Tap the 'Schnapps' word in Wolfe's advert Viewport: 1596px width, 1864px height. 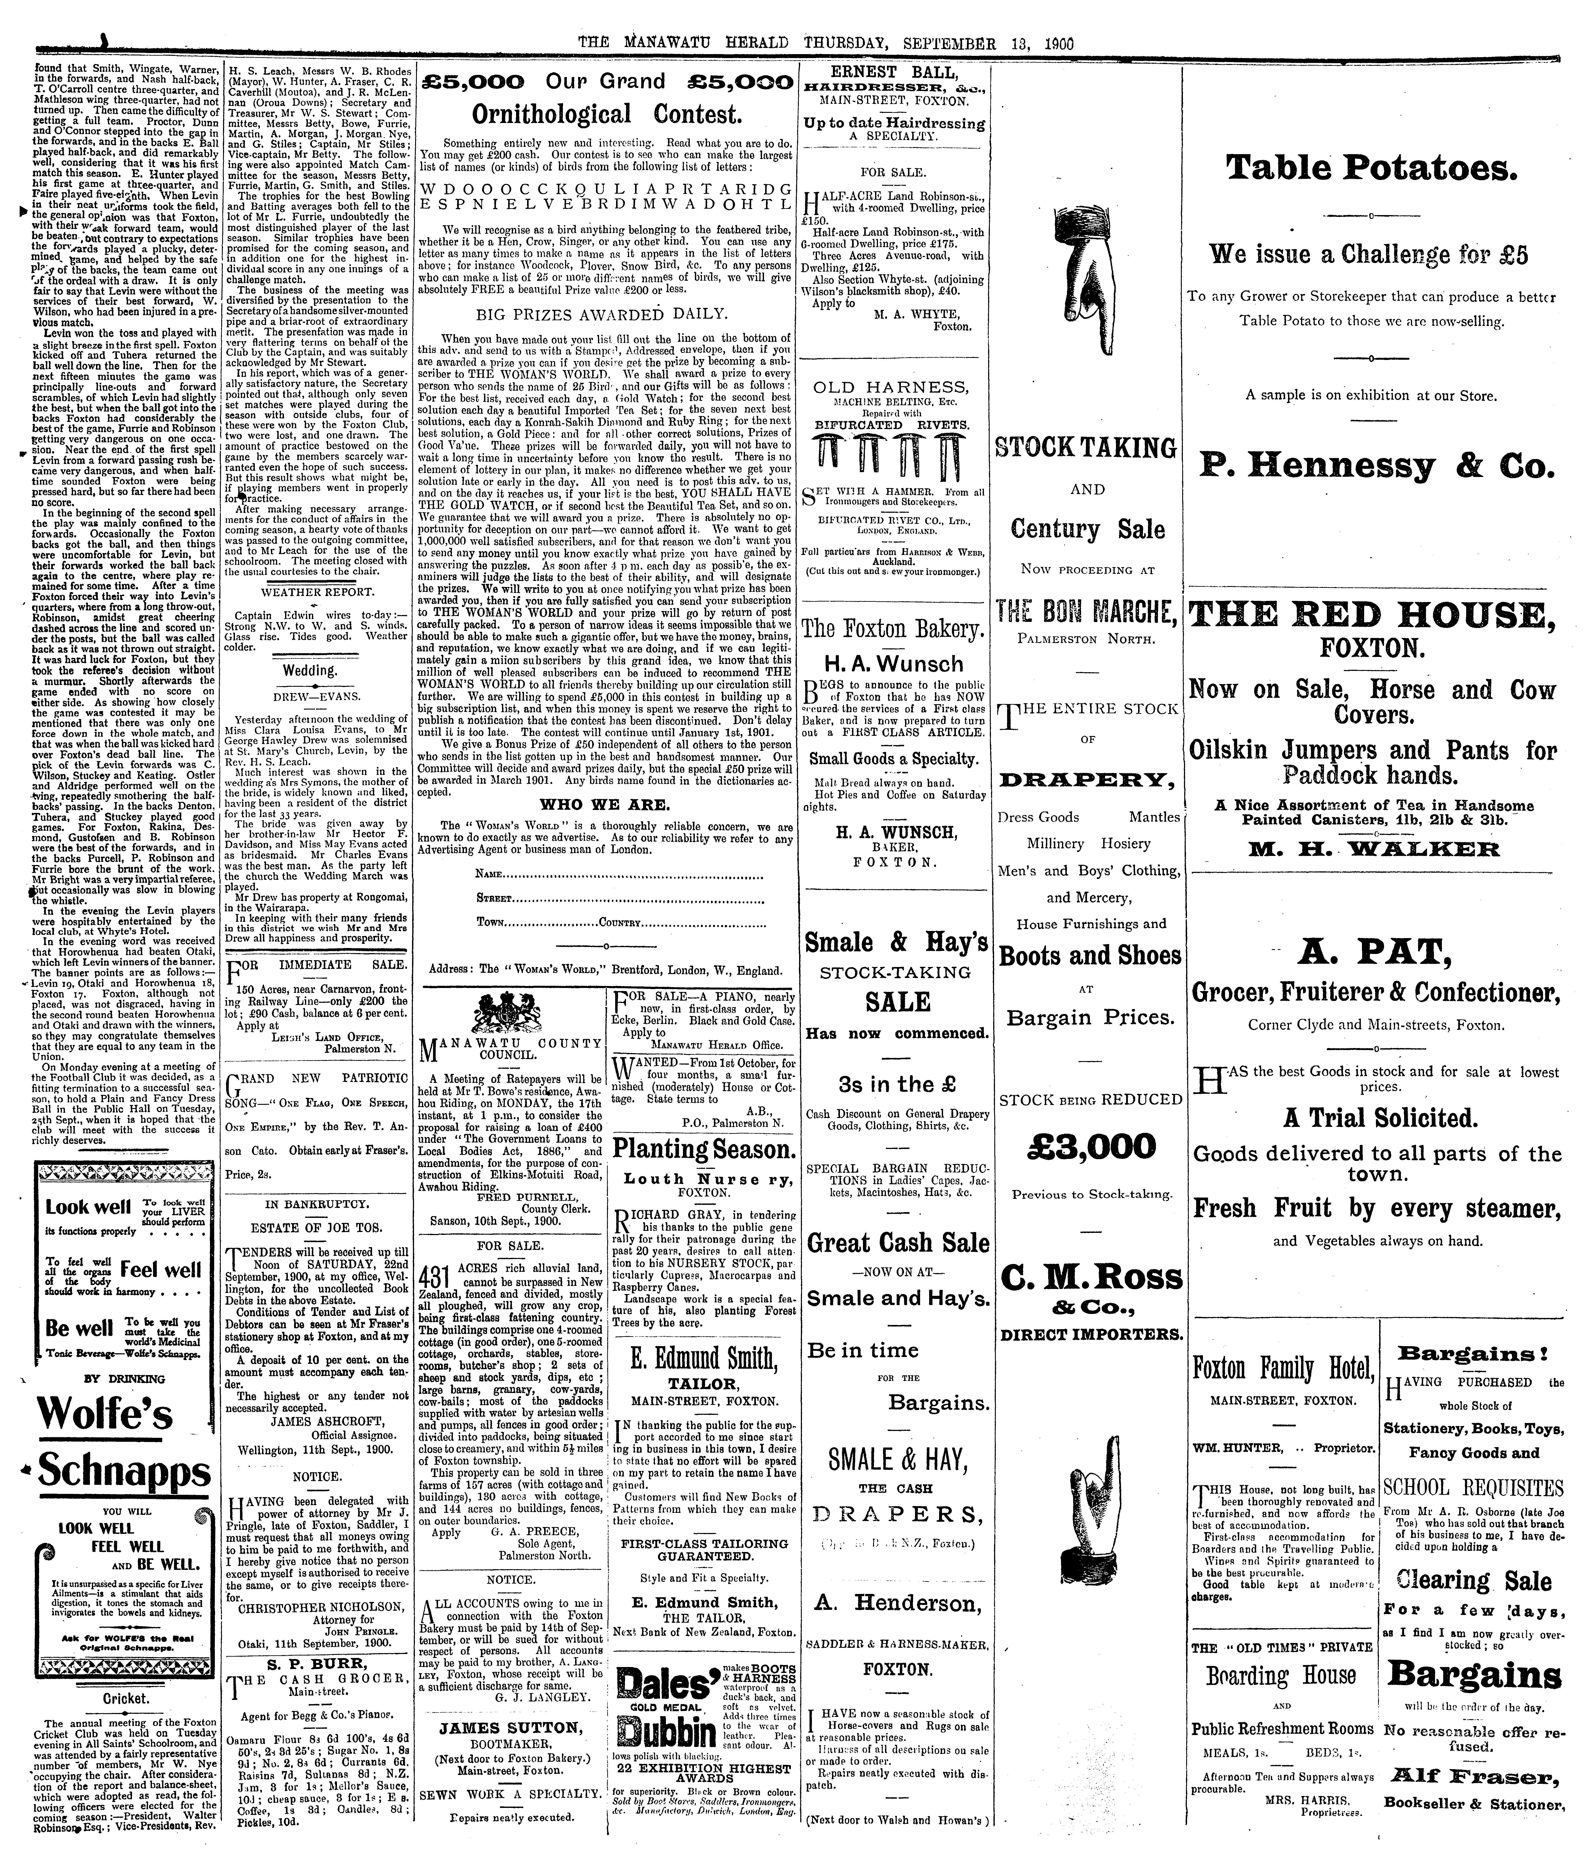pyautogui.click(x=124, y=1473)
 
